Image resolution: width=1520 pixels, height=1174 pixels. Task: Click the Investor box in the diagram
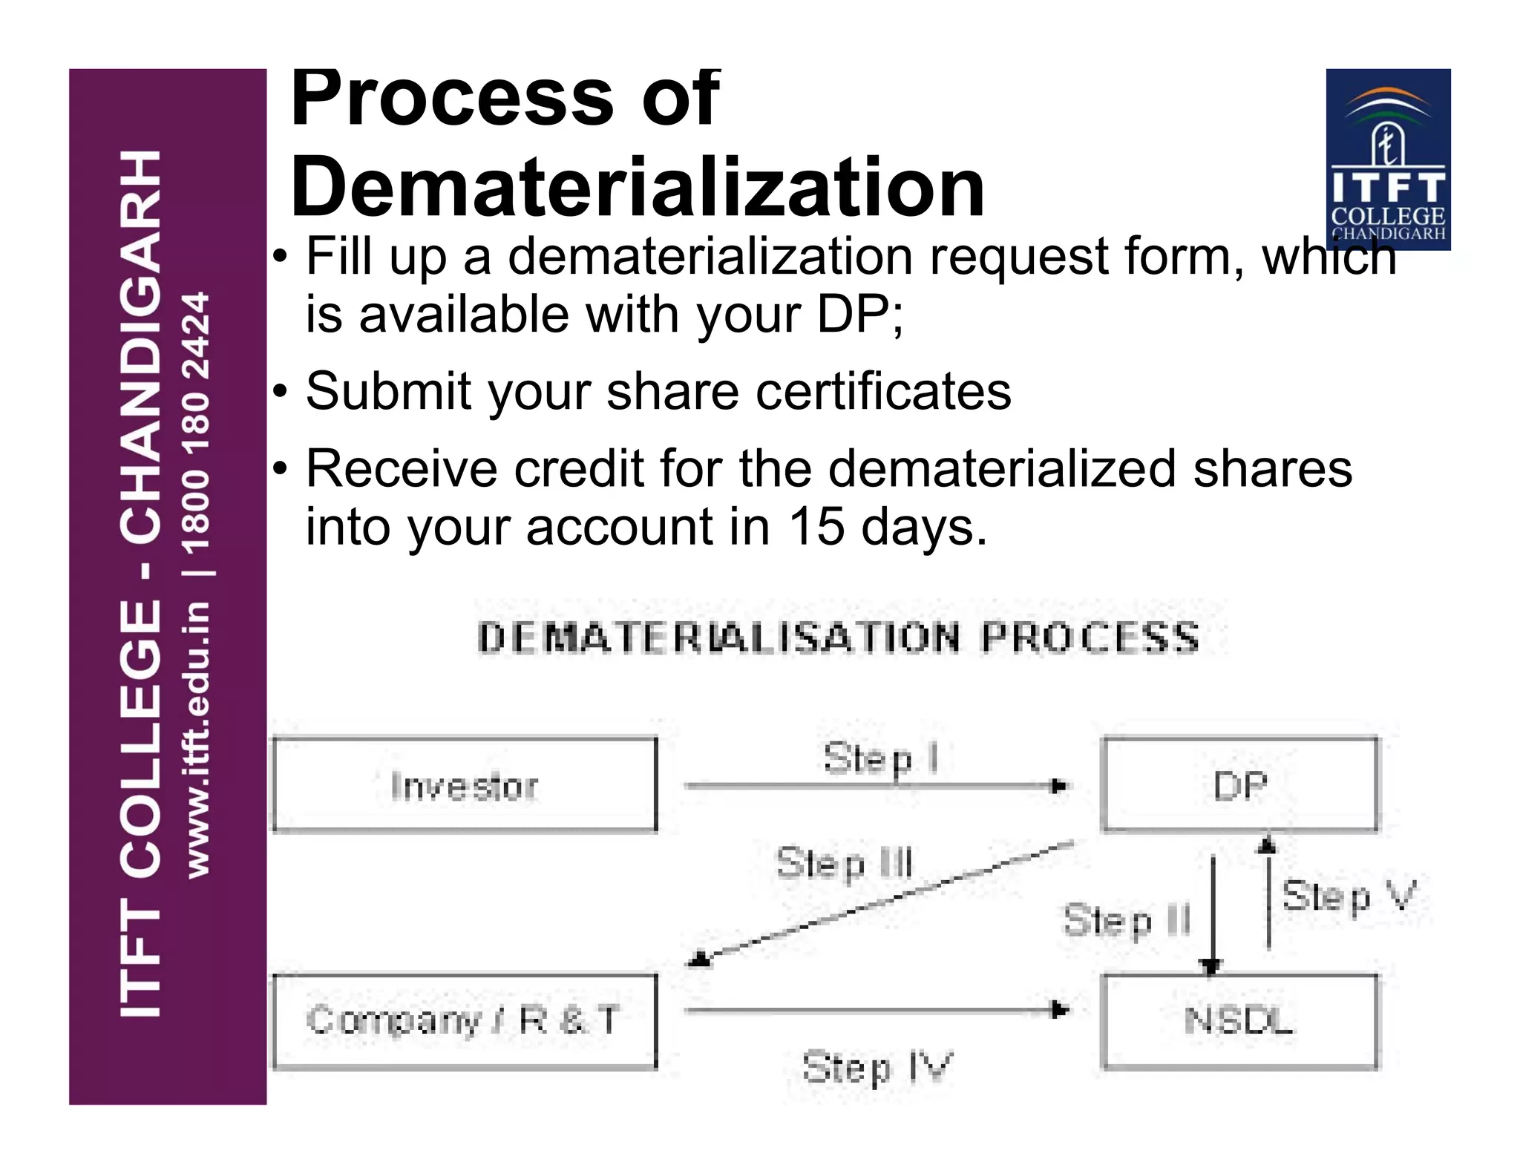(x=465, y=784)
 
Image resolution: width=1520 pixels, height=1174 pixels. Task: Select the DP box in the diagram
(x=1239, y=784)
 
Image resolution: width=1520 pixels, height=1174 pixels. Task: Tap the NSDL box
(x=1239, y=1021)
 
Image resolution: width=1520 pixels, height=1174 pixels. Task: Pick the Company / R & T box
(x=465, y=1021)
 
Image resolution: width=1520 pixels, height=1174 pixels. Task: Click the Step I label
(x=880, y=759)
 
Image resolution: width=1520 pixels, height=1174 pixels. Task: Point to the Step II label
(x=1127, y=921)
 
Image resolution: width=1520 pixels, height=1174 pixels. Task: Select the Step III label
(x=844, y=864)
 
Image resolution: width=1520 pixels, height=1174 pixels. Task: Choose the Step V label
(x=1348, y=896)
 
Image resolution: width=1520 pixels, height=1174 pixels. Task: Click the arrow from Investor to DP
(x=876, y=786)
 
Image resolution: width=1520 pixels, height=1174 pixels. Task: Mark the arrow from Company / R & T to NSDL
(x=876, y=1010)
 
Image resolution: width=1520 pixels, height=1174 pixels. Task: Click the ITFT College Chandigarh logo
(x=1388, y=159)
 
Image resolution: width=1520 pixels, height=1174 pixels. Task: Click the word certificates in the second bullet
(x=882, y=391)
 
